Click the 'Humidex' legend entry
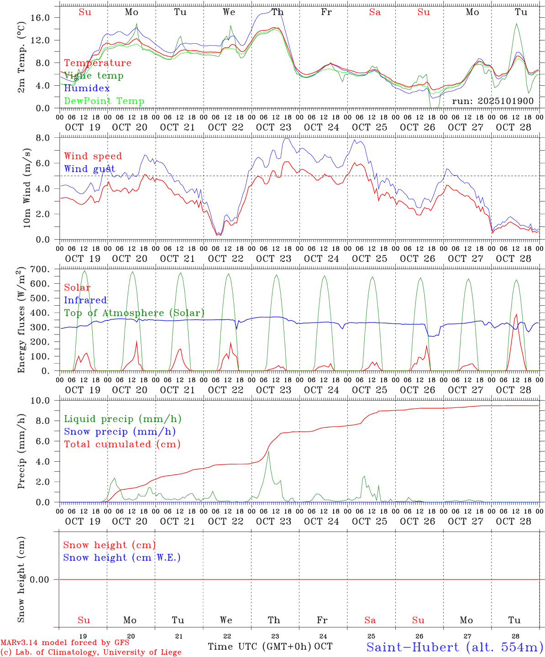click(87, 89)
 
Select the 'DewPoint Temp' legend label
click(104, 101)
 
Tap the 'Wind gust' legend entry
click(89, 169)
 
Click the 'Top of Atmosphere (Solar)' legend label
click(134, 313)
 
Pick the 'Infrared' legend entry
click(85, 300)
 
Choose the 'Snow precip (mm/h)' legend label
click(120, 432)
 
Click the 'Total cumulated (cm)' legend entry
click(122, 444)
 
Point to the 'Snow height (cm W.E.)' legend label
click(122, 558)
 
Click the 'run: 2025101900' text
click(493, 101)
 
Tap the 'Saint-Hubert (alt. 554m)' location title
click(455, 647)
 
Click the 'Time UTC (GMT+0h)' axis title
click(259, 647)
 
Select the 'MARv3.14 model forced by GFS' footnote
click(65, 643)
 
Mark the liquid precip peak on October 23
click(268, 451)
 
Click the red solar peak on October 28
click(516, 314)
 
